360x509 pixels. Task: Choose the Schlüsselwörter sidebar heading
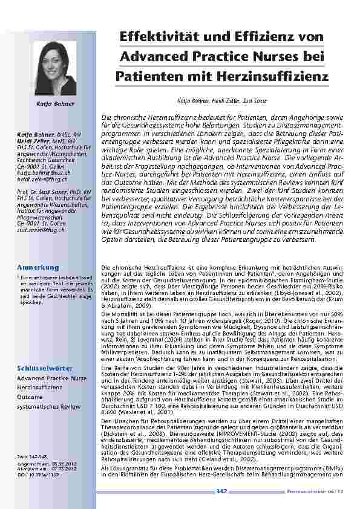point(45,368)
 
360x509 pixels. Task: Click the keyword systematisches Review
point(48,407)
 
